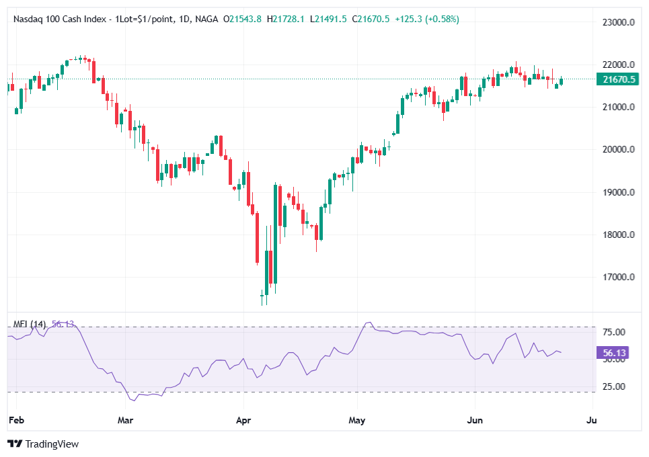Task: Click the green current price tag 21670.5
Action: pyautogui.click(x=618, y=79)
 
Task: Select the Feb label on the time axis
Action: pyautogui.click(x=15, y=421)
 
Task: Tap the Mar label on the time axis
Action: pyautogui.click(x=125, y=421)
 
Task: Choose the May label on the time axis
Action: pyautogui.click(x=357, y=421)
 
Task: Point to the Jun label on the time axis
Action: pyautogui.click(x=475, y=421)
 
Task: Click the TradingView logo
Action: pyautogui.click(x=43, y=444)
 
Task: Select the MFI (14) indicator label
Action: pyautogui.click(x=30, y=324)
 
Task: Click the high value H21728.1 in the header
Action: pyautogui.click(x=288, y=19)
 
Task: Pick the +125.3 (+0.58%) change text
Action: pyautogui.click(x=426, y=19)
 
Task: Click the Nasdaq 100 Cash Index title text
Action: pyautogui.click(x=60, y=19)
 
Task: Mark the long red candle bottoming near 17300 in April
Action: pyautogui.click(x=257, y=238)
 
